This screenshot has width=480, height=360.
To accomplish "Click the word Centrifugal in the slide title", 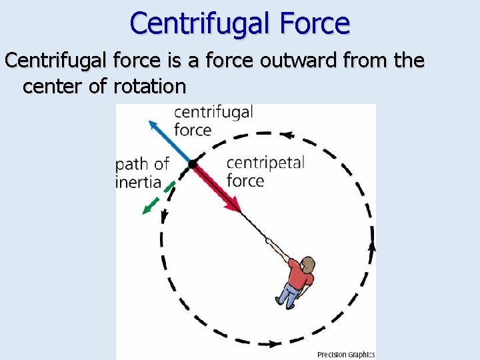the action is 200,24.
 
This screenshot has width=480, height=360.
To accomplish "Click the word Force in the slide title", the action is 313,24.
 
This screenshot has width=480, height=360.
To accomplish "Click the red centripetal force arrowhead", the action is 234,205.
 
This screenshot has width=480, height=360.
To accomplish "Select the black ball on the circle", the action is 193,163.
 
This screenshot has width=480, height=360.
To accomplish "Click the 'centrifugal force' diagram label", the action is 212,121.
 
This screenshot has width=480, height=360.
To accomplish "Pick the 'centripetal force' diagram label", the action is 265,171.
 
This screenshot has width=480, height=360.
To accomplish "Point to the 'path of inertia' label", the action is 141,173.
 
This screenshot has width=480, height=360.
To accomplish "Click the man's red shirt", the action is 299,275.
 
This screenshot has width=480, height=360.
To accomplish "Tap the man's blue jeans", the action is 289,295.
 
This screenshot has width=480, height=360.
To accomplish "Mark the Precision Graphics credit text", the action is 345,355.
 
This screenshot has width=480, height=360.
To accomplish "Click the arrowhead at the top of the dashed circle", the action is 287,135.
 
